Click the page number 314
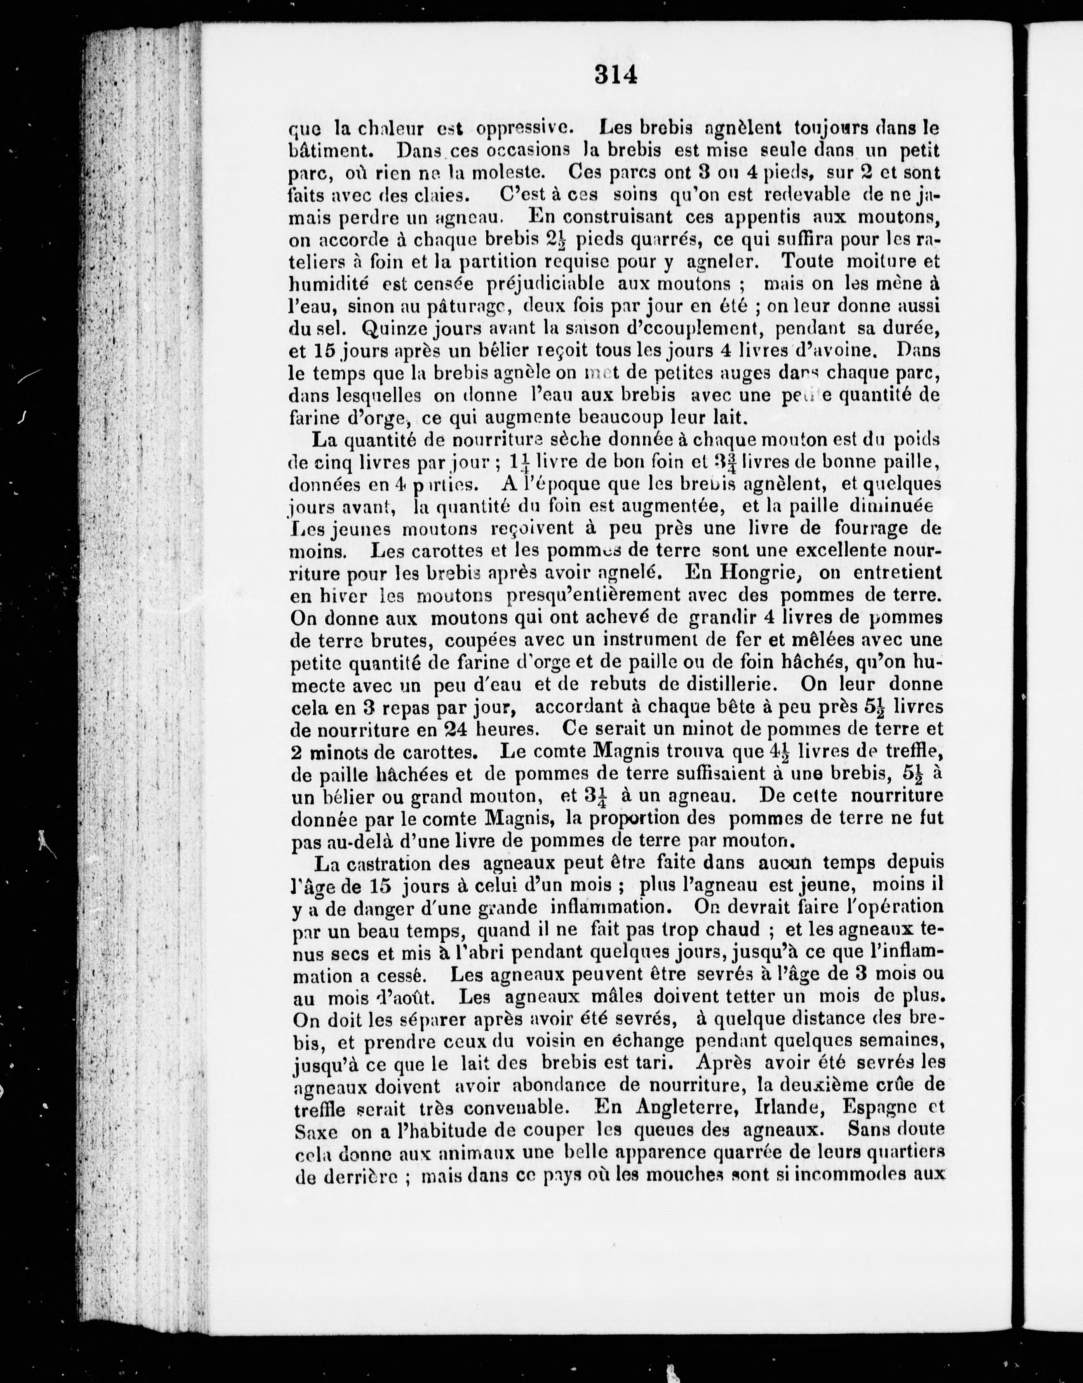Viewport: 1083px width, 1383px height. [615, 75]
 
